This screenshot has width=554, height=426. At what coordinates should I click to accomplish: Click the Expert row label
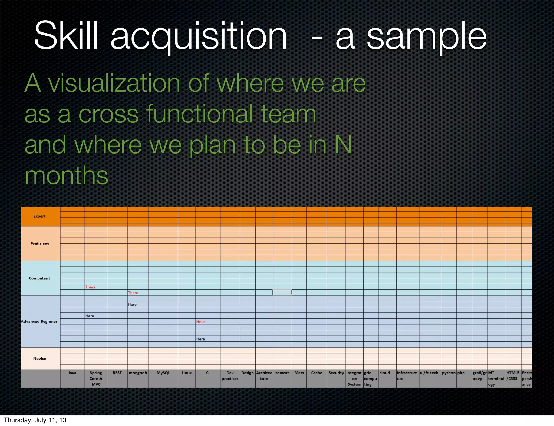click(x=39, y=216)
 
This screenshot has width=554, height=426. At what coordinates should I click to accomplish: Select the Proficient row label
click(x=39, y=244)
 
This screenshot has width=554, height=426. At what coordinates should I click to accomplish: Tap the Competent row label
click(x=39, y=278)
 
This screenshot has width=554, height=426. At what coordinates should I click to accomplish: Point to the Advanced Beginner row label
click(x=39, y=321)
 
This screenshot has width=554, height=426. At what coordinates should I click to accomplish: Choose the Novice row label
click(x=39, y=358)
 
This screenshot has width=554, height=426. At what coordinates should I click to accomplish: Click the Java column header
click(x=72, y=373)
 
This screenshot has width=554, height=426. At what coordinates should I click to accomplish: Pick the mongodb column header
click(x=138, y=373)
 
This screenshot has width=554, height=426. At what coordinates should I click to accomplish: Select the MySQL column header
click(x=163, y=373)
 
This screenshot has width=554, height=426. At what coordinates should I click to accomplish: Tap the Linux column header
click(x=187, y=373)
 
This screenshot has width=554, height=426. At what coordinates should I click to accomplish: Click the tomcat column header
click(x=282, y=373)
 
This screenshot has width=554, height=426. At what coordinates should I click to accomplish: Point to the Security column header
click(x=336, y=373)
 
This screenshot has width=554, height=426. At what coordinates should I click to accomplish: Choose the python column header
click(x=449, y=373)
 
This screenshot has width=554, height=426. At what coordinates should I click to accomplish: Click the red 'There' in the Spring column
click(x=90, y=287)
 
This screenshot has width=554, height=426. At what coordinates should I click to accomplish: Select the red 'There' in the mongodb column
click(x=133, y=293)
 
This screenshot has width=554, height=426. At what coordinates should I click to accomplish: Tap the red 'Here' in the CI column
click(x=200, y=322)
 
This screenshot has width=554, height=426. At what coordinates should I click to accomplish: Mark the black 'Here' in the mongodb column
click(x=132, y=304)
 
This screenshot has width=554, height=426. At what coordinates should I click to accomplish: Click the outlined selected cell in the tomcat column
click(x=282, y=292)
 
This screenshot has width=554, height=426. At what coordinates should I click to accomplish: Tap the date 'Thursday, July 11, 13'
click(x=35, y=420)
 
